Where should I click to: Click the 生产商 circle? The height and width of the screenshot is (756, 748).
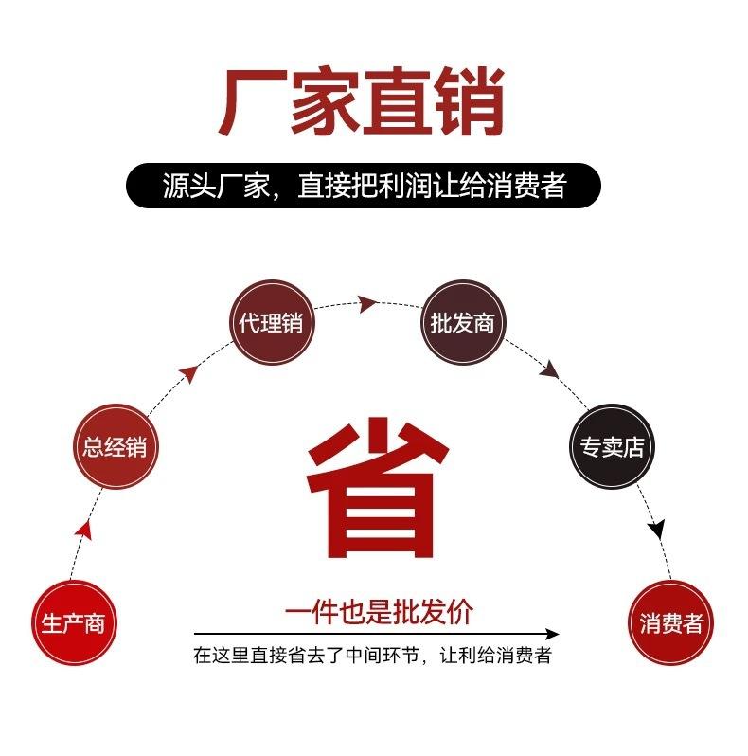click(74, 622)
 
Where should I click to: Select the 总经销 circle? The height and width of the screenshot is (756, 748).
click(116, 446)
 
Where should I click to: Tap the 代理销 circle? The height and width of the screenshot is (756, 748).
click(271, 322)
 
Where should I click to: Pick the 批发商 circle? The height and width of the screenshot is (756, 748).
click(463, 322)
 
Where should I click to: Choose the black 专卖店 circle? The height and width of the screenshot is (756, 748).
click(612, 446)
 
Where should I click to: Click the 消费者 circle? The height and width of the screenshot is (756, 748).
click(671, 622)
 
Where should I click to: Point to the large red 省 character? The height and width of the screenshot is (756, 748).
click(378, 487)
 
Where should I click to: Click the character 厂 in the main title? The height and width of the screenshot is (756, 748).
click(251, 102)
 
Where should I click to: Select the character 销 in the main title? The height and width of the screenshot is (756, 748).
click(468, 101)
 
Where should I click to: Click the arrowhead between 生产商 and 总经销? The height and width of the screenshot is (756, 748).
click(84, 529)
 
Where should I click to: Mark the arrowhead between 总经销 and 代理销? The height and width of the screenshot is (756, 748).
click(189, 373)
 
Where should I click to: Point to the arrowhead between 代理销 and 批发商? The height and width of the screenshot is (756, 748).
click(367, 304)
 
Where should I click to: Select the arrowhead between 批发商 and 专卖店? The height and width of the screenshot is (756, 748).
click(549, 369)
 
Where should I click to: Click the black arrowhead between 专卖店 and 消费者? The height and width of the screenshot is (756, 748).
click(656, 529)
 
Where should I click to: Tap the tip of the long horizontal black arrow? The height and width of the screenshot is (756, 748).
click(559, 634)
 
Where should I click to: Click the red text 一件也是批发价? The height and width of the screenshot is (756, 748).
click(379, 612)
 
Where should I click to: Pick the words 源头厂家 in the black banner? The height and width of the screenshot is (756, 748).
click(216, 186)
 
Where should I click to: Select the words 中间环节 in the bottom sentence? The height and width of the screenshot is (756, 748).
click(383, 656)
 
